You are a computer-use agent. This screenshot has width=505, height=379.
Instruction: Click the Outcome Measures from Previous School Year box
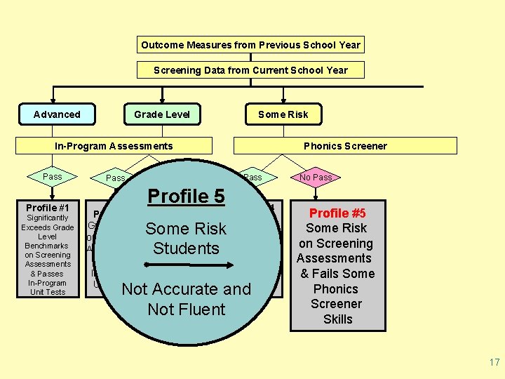pyautogui.click(x=250, y=45)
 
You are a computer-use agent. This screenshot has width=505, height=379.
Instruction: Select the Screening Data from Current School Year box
pyautogui.click(x=250, y=69)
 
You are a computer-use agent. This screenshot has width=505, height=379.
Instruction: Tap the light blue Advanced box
pyautogui.click(x=57, y=114)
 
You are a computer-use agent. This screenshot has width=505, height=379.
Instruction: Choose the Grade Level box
pyautogui.click(x=162, y=114)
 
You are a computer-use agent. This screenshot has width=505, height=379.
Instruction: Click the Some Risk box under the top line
pyautogui.click(x=283, y=114)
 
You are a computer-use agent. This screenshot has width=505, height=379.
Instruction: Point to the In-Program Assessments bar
pyautogui.click(x=114, y=146)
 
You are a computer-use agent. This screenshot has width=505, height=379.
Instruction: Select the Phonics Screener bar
pyautogui.click(x=345, y=146)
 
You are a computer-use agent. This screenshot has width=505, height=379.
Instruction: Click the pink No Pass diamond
pyautogui.click(x=316, y=178)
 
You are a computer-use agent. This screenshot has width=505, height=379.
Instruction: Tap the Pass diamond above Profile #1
pyautogui.click(x=53, y=177)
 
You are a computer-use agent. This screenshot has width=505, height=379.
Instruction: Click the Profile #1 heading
pyautogui.click(x=48, y=208)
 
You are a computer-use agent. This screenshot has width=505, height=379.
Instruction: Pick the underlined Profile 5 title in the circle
pyautogui.click(x=186, y=197)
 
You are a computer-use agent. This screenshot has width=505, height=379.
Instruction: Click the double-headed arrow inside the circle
pyautogui.click(x=186, y=265)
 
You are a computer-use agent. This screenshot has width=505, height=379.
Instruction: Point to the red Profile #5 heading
pyautogui.click(x=337, y=213)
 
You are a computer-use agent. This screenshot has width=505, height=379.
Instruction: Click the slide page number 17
pyautogui.click(x=494, y=363)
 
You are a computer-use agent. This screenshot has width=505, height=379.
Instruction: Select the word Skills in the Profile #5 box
pyautogui.click(x=338, y=319)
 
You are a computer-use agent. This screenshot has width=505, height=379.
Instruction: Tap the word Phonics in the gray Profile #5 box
pyautogui.click(x=336, y=289)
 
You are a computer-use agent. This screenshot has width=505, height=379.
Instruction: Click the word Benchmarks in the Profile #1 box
pyautogui.click(x=47, y=246)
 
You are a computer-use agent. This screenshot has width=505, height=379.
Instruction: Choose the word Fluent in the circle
pyautogui.click(x=201, y=310)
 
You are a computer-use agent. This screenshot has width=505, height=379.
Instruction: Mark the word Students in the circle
pyautogui.click(x=186, y=248)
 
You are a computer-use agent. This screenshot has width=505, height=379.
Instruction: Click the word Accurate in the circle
pyautogui.click(x=185, y=289)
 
